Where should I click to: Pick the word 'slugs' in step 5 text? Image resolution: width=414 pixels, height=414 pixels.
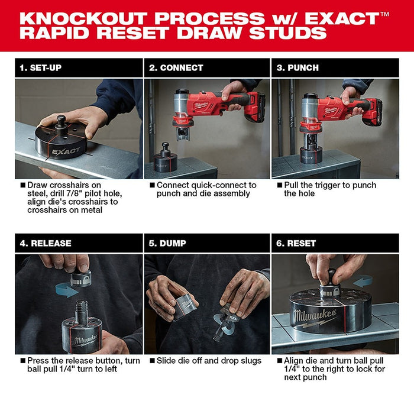click(x=248, y=360)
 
